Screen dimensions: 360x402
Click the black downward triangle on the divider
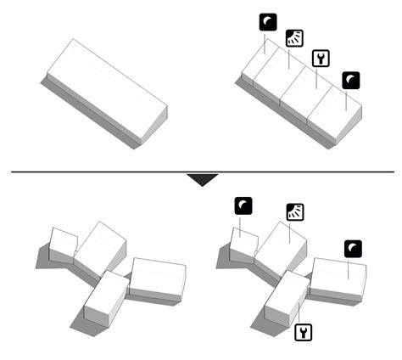click(x=201, y=179)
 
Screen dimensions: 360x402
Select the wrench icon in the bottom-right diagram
click(x=303, y=331)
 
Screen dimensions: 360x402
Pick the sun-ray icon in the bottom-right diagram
click(x=295, y=211)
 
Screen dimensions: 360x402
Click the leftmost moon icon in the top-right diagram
click(x=267, y=23)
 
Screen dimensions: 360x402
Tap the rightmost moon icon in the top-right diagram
click(x=351, y=81)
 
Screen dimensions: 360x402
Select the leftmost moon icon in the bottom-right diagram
click(x=244, y=205)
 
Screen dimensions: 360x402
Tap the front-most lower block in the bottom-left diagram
click(x=105, y=299)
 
